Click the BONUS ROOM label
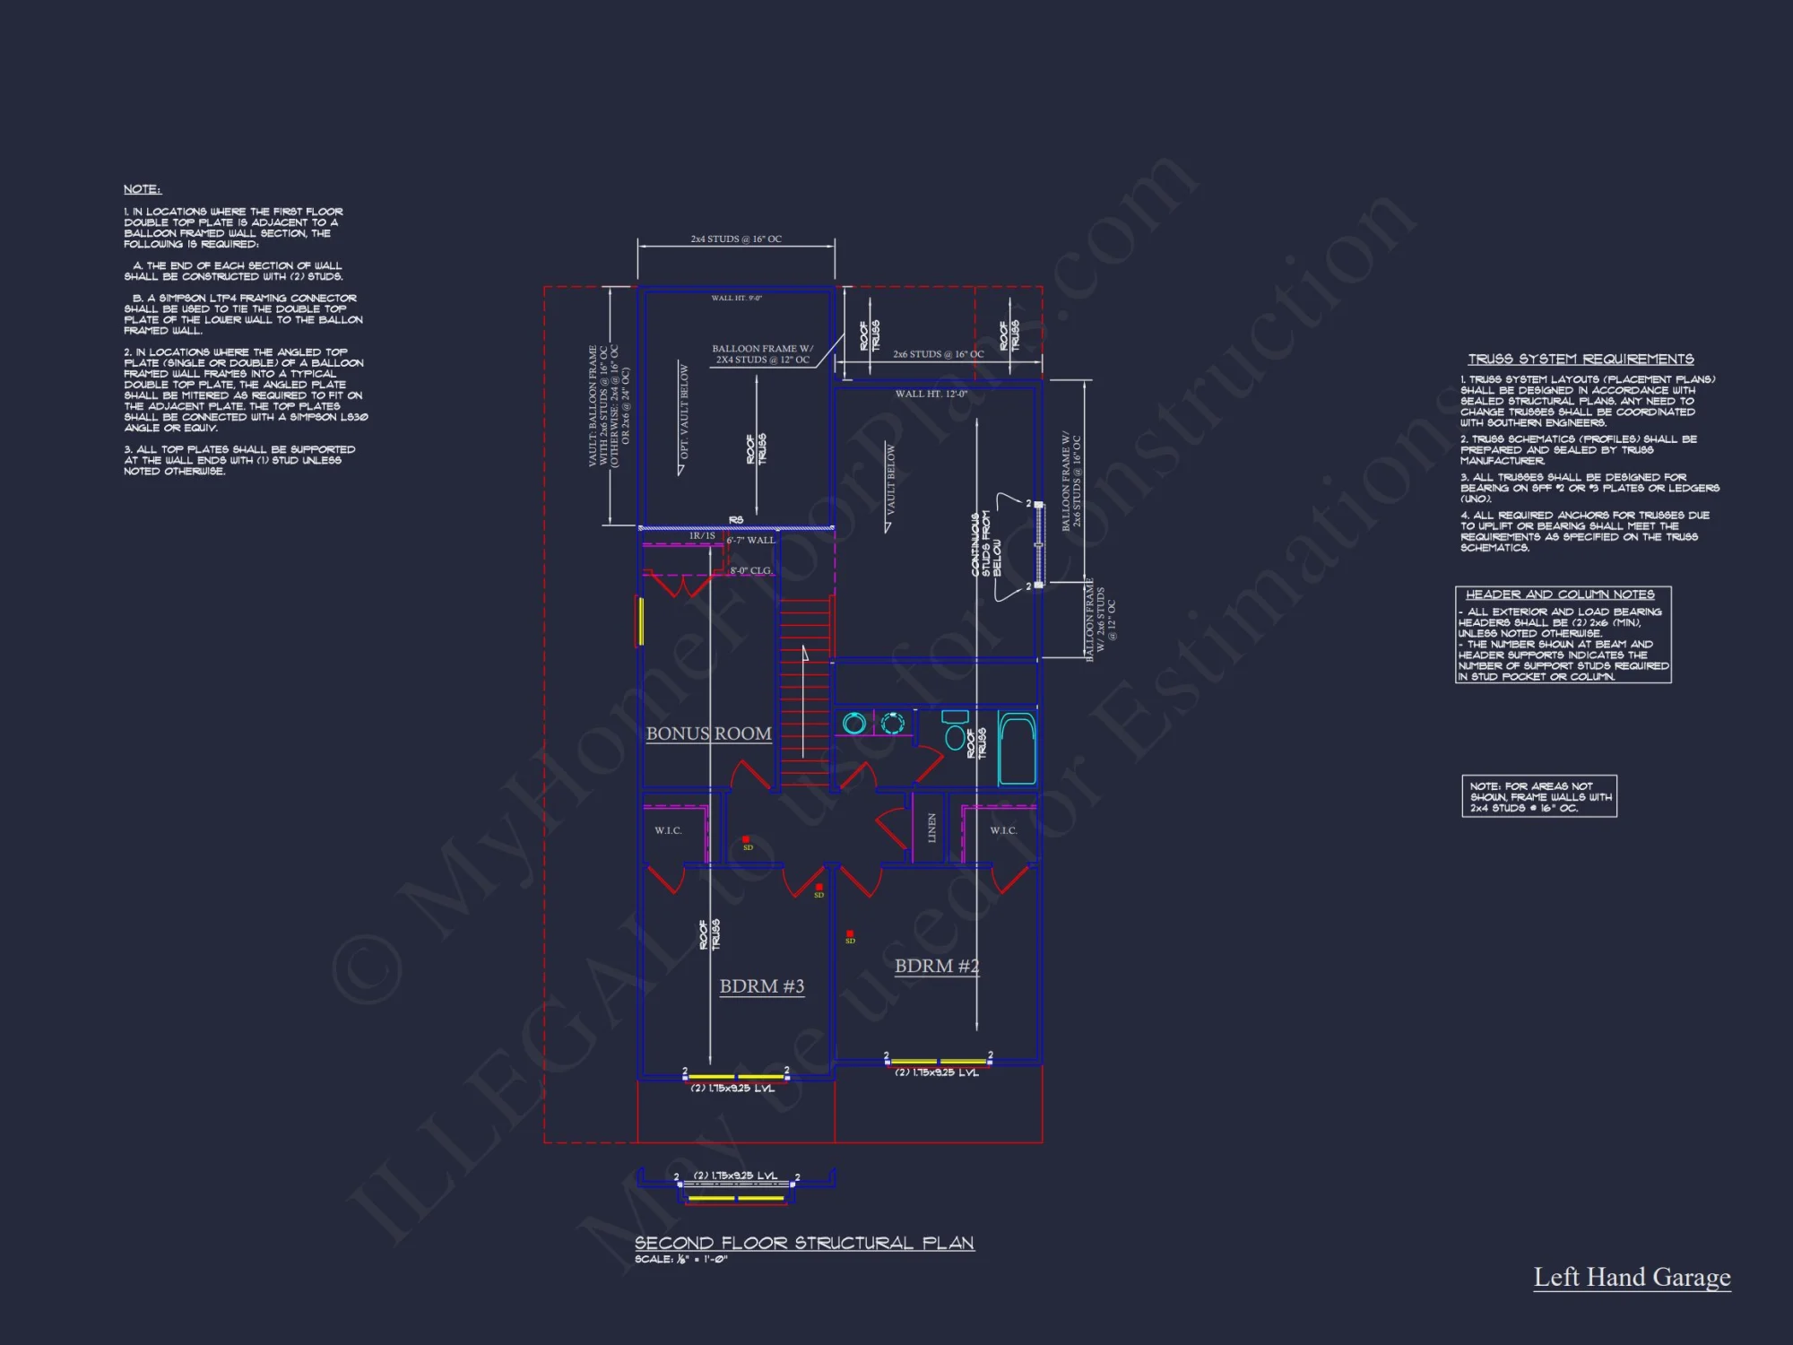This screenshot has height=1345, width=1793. tap(708, 733)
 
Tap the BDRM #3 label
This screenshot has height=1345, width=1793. tap(762, 986)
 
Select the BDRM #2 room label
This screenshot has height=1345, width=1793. tap(937, 966)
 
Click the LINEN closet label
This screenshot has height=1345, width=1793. tap(931, 828)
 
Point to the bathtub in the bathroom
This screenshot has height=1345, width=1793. tap(1017, 749)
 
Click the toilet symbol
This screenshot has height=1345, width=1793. tap(956, 730)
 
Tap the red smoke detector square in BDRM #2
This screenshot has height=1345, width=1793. tap(850, 934)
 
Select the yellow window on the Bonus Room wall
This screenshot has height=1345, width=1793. tap(640, 620)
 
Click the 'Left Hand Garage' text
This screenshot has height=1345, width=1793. tap(1632, 1277)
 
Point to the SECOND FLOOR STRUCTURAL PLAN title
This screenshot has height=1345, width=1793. tap(804, 1243)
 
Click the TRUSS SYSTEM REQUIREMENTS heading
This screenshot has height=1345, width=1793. tap(1581, 359)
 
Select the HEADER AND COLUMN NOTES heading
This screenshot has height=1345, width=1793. tap(1560, 594)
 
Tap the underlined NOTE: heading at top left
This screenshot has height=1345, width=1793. tap(142, 189)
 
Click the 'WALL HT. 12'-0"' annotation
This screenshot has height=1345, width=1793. tap(931, 394)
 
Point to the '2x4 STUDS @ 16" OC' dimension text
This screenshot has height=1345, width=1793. tap(736, 239)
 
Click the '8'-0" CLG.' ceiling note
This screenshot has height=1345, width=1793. tap(750, 570)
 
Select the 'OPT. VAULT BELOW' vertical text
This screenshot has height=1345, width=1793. tap(684, 412)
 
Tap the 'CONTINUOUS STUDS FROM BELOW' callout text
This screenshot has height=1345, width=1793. tap(985, 544)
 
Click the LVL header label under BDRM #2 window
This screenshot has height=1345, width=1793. tap(937, 1072)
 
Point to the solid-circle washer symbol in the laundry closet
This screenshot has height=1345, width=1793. tap(854, 723)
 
